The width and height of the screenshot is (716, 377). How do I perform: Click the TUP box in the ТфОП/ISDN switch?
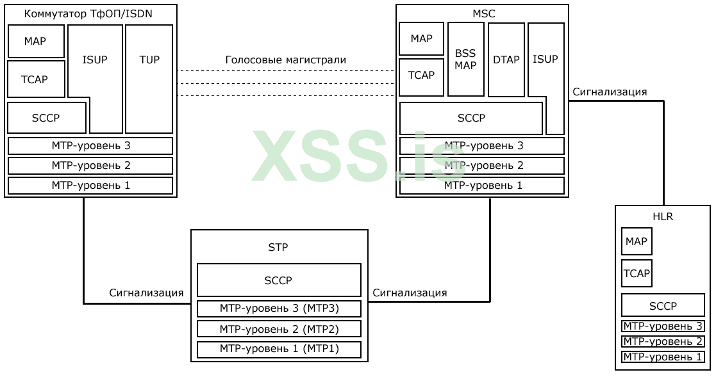tap(149, 78)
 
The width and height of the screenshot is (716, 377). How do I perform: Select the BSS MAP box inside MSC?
tap(465, 59)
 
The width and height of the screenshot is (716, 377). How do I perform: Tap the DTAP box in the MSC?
tap(505, 59)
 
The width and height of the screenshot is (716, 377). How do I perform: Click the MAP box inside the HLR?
tap(637, 242)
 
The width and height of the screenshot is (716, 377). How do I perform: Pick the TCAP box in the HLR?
tap(637, 273)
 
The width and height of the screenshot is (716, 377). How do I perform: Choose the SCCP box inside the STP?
tap(279, 280)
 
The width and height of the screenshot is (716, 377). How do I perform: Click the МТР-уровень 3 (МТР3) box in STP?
tap(279, 309)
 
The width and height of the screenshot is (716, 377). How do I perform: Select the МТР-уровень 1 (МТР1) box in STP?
tap(279, 349)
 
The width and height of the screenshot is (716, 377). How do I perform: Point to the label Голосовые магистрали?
tap(286, 60)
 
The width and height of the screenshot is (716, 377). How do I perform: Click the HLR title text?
tap(663, 217)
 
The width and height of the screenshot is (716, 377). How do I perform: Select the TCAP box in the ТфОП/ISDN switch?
tap(36, 79)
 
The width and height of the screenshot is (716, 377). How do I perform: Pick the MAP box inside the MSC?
tap(422, 39)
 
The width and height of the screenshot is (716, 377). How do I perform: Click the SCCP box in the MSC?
tap(471, 118)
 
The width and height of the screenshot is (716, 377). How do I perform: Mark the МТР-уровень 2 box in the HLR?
tap(663, 342)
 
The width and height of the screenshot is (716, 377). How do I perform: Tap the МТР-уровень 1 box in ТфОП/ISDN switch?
tap(90, 186)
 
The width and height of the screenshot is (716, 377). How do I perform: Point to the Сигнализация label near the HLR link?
tap(610, 92)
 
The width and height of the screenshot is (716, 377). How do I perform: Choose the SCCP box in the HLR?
tap(663, 305)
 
